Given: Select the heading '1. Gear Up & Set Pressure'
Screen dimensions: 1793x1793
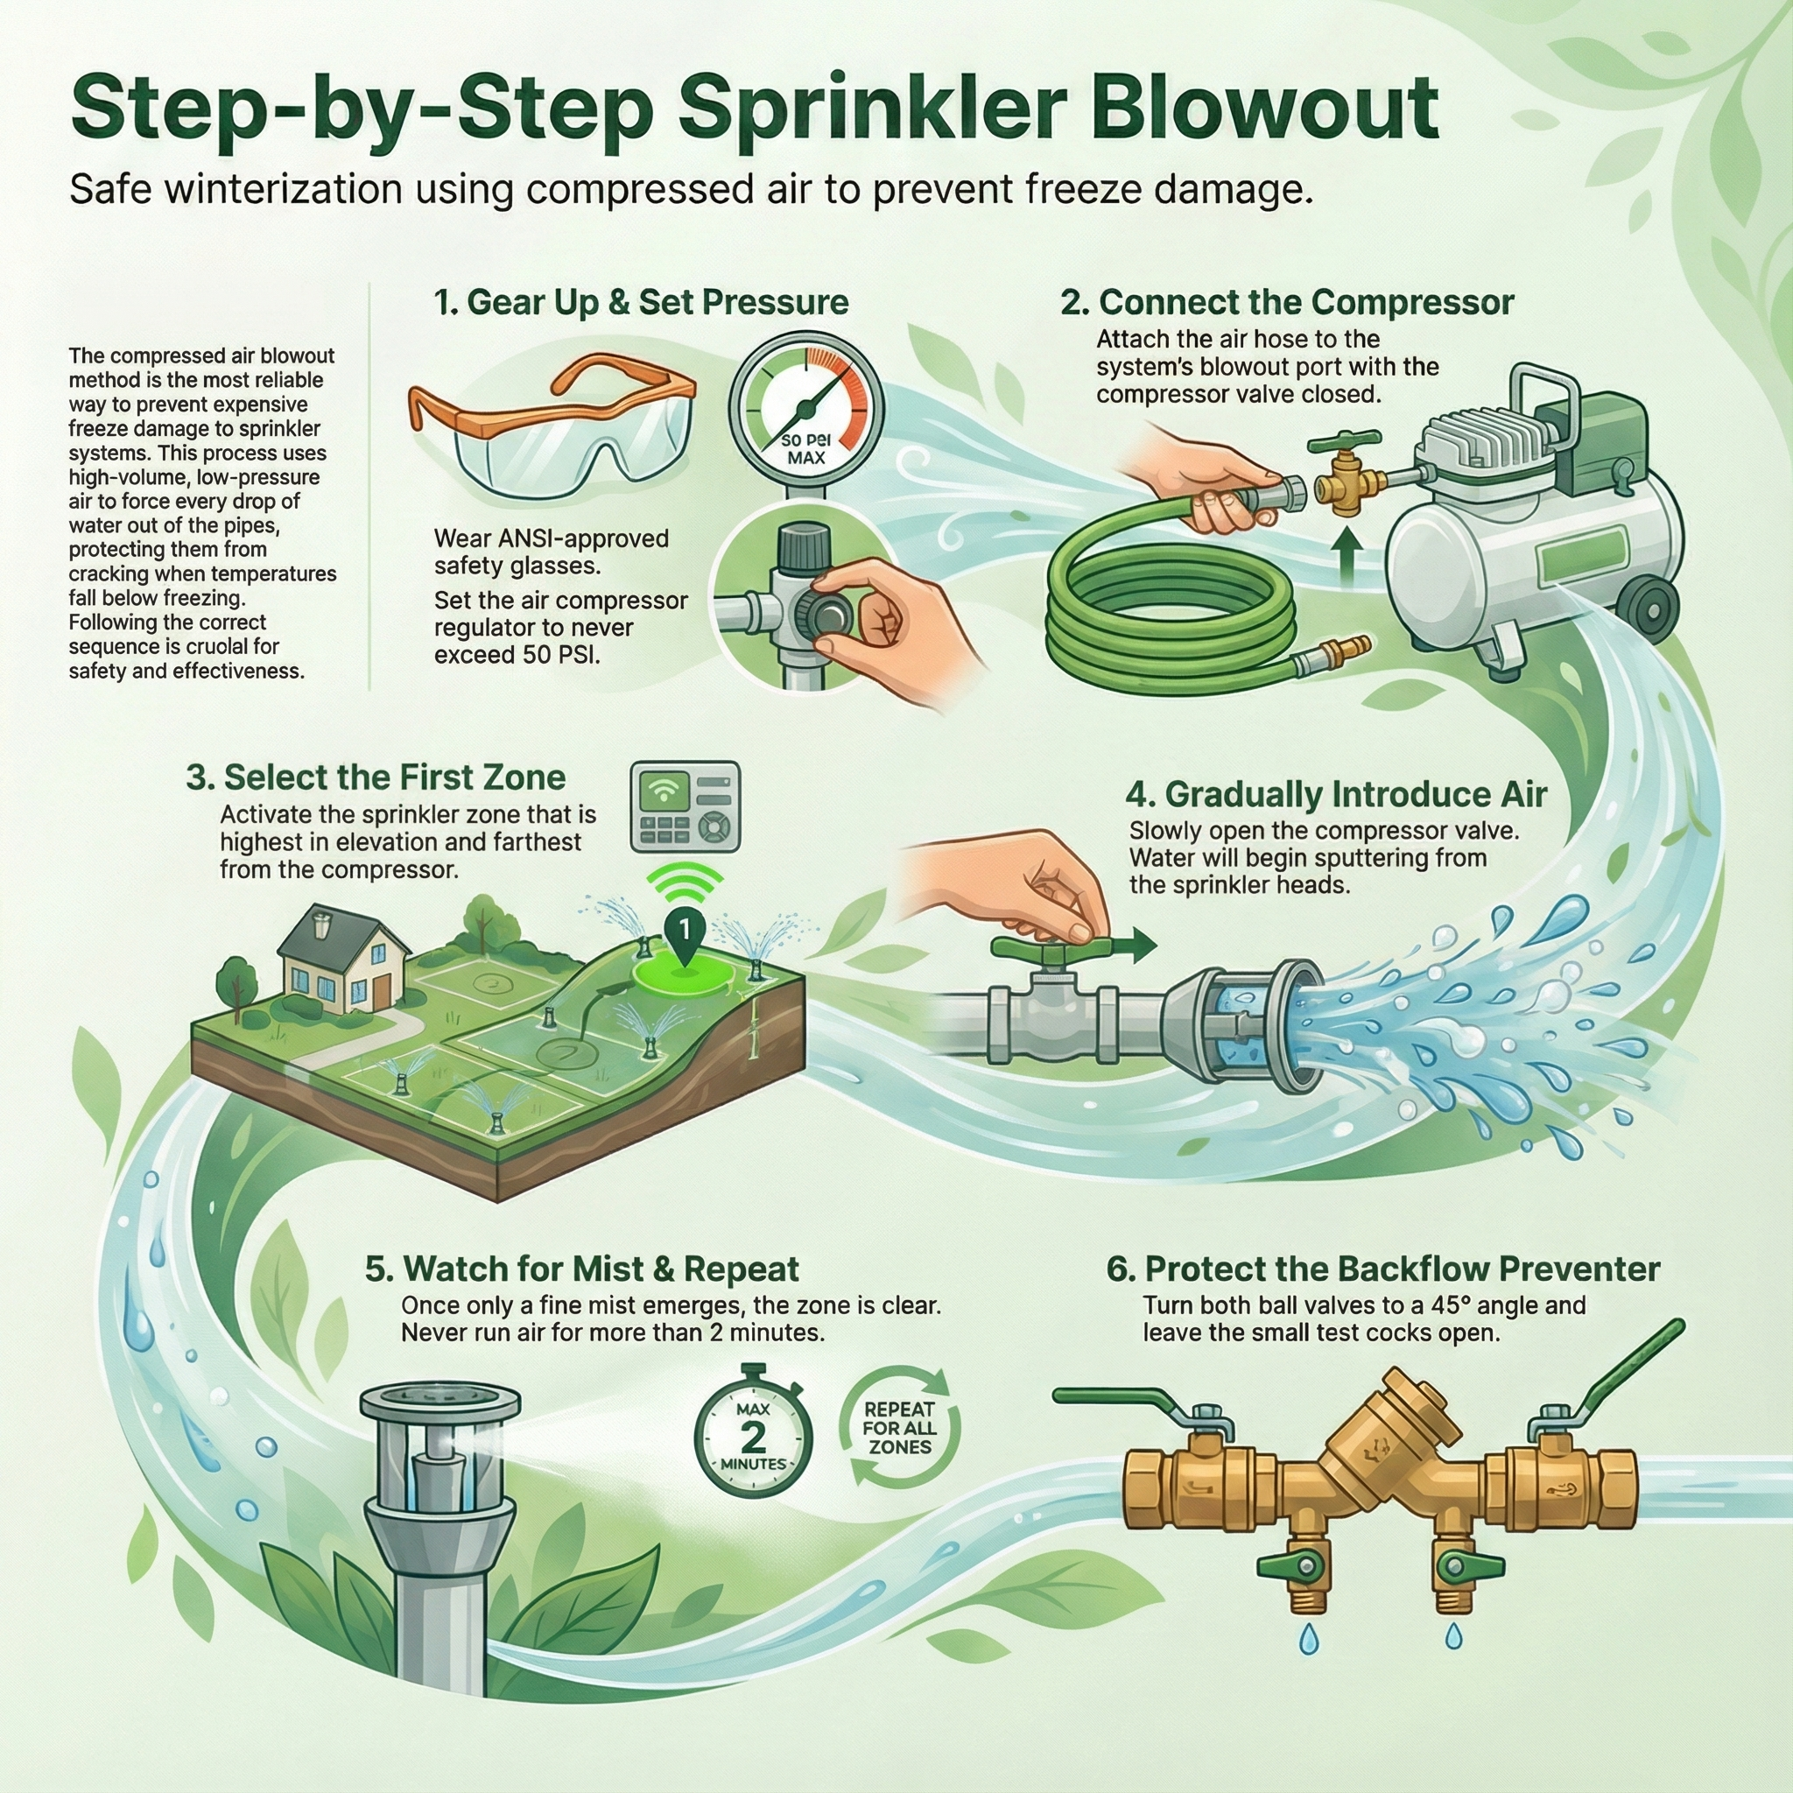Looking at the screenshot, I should click(641, 303).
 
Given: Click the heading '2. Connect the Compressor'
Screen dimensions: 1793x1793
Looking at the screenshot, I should click(1287, 303).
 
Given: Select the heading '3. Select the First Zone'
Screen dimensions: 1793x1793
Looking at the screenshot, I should click(376, 777).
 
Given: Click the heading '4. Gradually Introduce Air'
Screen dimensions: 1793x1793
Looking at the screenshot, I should click(1335, 794).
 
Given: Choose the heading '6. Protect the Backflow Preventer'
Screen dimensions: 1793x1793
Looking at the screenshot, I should click(1382, 1269).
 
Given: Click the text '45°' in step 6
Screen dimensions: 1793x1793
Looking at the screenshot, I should click(1452, 1305).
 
